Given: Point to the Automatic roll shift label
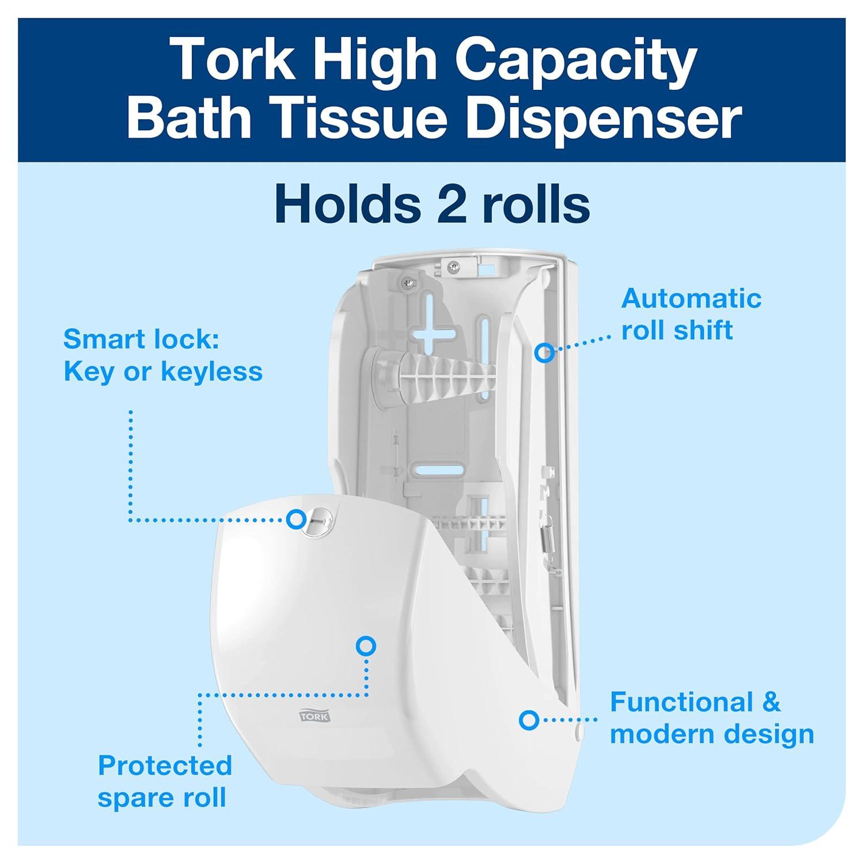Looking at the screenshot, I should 691,314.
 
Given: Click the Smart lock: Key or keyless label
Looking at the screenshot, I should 162,355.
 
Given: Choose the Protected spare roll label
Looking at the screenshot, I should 165,782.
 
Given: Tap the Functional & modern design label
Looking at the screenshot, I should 711,718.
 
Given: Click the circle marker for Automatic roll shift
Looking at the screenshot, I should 544,352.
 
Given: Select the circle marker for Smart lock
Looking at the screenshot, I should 296,519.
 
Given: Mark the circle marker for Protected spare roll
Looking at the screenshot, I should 366,646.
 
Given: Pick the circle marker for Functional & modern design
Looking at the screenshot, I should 528,719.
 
